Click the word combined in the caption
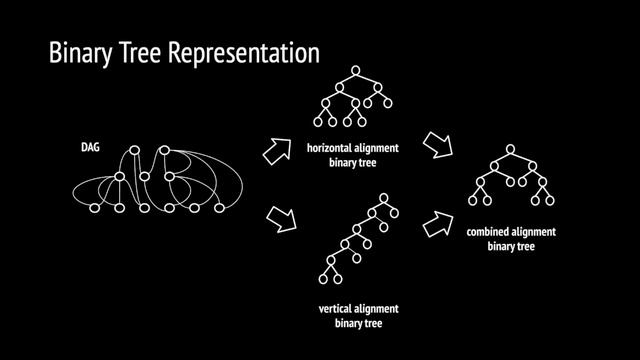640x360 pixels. point(492,232)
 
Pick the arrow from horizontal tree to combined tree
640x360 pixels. point(437,146)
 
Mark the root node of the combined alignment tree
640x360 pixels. point(509,150)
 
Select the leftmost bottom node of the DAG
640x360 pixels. point(96,208)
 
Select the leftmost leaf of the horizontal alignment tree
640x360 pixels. point(319,122)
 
